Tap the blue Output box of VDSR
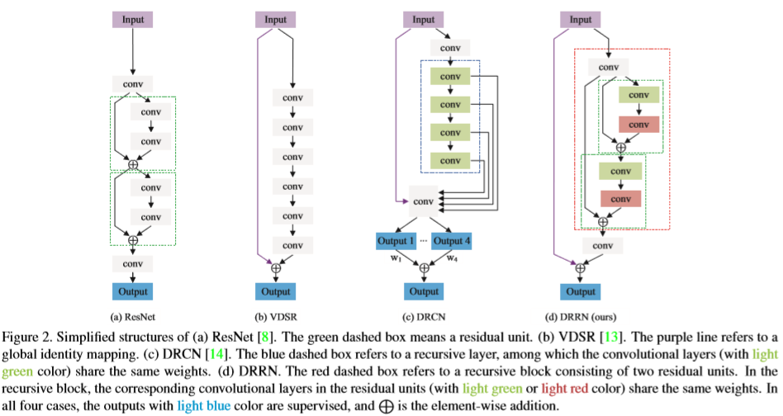pyautogui.click(x=277, y=291)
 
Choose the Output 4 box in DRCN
pyautogui.click(x=451, y=239)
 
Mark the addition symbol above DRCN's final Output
pyautogui.click(x=424, y=267)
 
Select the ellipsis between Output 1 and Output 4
pyautogui.click(x=425, y=239)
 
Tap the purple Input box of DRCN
pyautogui.click(x=424, y=19)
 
